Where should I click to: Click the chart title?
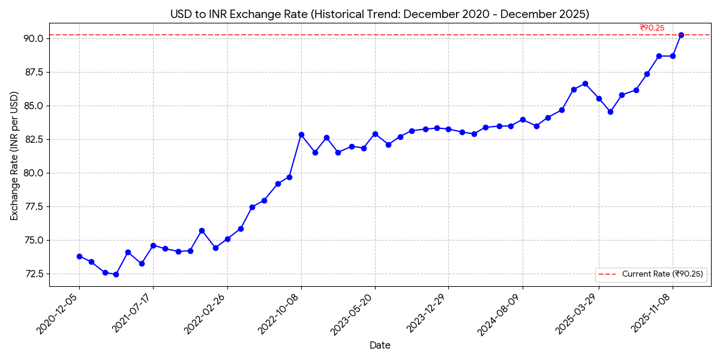click(379, 14)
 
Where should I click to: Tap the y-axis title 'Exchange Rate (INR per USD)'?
click(14, 156)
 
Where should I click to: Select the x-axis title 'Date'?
click(380, 345)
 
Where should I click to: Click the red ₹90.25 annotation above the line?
click(652, 28)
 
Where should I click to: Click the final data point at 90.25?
click(681, 35)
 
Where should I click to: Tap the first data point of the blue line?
click(79, 256)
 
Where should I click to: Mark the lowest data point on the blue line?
click(116, 274)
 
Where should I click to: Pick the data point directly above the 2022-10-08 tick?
click(301, 134)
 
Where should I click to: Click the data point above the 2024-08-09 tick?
click(523, 119)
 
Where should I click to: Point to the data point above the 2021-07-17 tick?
click(153, 245)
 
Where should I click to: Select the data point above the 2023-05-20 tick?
click(375, 134)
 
